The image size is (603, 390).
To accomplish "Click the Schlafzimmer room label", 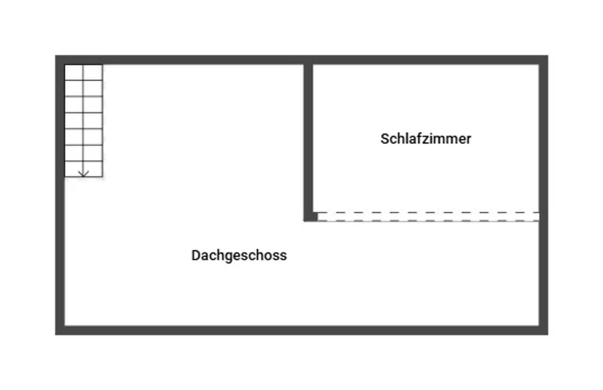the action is (x=426, y=139).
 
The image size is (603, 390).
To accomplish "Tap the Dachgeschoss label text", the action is (x=239, y=256).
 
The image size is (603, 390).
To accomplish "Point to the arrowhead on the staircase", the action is (x=83, y=174).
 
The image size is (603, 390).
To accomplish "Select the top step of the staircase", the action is (x=83, y=72).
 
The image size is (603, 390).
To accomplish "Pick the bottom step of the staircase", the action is (x=83, y=169).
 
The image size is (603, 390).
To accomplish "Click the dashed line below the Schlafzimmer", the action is (x=428, y=216).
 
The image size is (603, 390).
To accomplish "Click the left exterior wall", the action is (x=60, y=195).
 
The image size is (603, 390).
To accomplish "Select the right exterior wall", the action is (x=543, y=195).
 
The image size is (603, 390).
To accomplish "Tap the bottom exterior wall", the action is (x=302, y=330).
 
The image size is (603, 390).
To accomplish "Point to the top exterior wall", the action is (x=302, y=60).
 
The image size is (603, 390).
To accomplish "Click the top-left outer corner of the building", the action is (x=55, y=56).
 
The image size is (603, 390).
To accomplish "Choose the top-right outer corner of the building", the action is (x=548, y=56).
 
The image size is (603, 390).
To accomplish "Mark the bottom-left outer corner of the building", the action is (x=55, y=335).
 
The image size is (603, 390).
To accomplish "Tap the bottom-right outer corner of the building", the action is (x=548, y=335).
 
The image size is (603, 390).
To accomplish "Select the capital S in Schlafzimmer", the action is (x=385, y=139).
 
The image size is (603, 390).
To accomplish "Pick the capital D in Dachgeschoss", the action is (x=196, y=256).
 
